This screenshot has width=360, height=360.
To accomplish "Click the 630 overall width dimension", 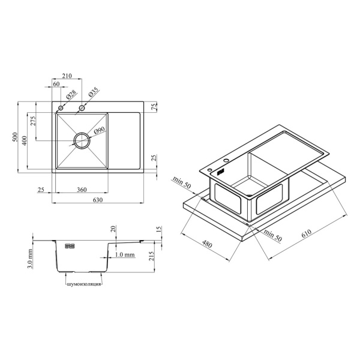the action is (98, 200).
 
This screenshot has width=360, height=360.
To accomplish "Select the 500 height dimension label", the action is (15, 137).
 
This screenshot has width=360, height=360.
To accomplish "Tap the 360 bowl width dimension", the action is (82, 190).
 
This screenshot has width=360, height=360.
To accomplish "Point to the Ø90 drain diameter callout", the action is (99, 130).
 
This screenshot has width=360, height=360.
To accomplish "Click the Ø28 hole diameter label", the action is (71, 95).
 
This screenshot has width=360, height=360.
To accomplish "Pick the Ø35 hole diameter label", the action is (93, 92).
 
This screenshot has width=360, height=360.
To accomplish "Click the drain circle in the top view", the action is (82, 140).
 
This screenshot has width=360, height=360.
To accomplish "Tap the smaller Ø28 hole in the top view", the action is (61, 107).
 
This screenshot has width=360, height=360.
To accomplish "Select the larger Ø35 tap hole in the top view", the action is (82, 107).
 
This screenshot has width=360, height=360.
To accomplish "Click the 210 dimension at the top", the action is (67, 76).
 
